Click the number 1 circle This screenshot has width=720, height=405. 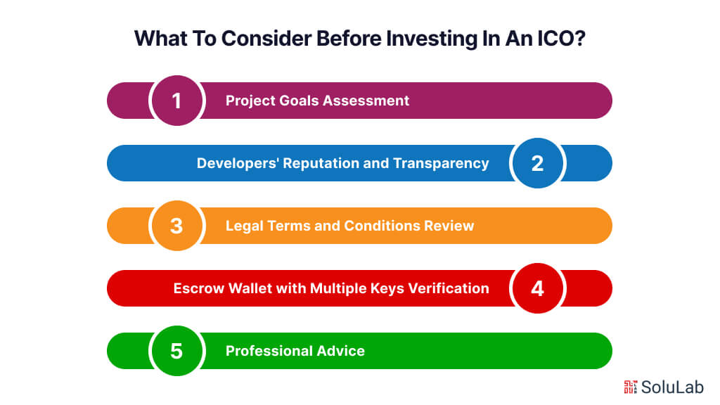pos(176,101)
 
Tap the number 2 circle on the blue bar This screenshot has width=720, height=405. pos(537,163)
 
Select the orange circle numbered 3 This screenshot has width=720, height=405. pos(176,226)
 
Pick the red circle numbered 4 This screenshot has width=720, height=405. pos(537,288)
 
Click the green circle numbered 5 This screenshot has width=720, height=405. pos(176,350)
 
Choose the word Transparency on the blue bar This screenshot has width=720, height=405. pos(441,163)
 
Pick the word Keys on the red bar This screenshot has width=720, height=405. pos(392,288)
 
